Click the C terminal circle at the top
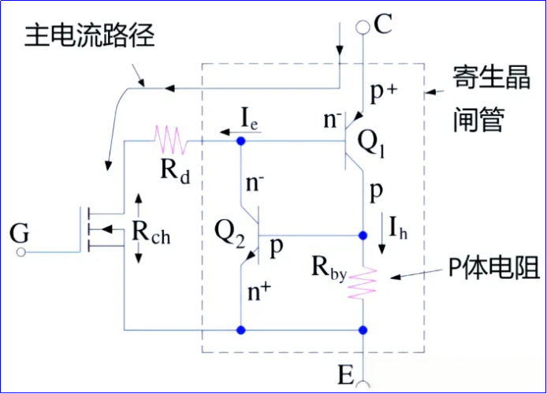(x=363, y=28)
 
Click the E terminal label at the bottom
(x=344, y=374)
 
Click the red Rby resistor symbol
(x=364, y=282)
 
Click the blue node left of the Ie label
(x=240, y=140)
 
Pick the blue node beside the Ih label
(x=363, y=235)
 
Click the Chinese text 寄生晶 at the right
(x=482, y=79)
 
